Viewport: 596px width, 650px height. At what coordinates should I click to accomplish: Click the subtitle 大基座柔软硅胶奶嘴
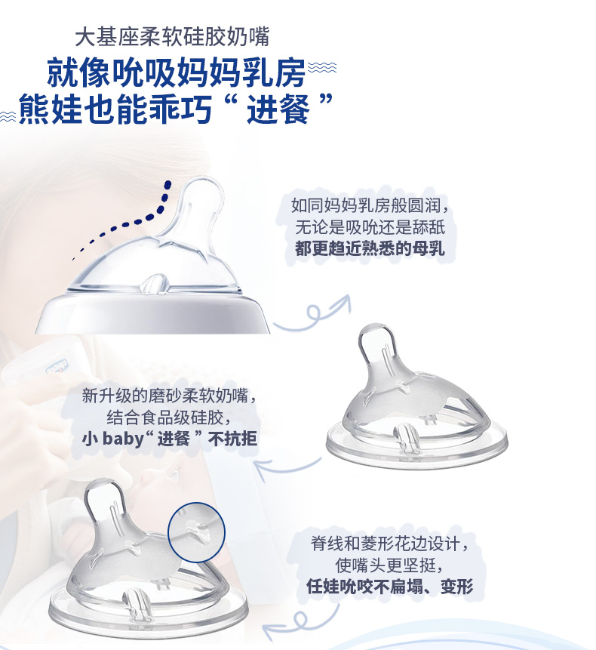172,36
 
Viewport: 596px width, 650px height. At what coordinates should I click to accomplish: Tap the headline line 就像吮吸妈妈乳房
177,73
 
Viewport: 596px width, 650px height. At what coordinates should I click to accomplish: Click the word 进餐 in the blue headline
278,109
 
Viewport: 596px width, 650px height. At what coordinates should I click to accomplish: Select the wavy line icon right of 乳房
323,67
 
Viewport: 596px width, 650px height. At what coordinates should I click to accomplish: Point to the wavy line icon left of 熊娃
8,116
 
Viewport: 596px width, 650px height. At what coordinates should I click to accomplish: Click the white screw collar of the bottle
153,313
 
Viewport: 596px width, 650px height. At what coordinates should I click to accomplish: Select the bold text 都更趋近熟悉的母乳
370,248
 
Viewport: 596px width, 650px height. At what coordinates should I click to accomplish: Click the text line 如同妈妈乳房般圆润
370,205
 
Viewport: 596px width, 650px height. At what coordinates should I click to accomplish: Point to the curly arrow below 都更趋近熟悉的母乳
311,314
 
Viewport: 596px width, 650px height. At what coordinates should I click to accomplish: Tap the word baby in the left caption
123,439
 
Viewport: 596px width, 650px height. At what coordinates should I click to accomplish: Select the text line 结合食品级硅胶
170,417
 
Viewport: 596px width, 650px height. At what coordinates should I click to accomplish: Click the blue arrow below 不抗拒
288,467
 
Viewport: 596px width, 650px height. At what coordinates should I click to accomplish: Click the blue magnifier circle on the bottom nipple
196,532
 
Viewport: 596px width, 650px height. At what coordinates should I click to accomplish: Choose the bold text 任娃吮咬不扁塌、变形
390,586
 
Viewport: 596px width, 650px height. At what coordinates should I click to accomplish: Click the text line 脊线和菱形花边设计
390,543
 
